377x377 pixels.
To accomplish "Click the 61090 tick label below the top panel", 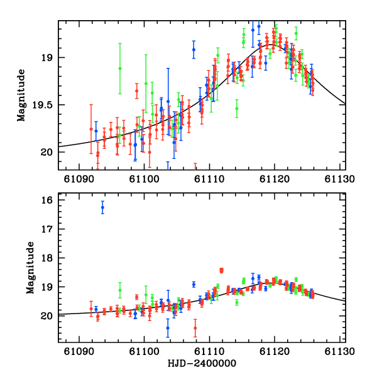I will [79, 178].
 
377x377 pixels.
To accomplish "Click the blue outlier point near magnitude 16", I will [103, 208].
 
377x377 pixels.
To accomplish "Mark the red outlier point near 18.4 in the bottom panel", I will [222, 270].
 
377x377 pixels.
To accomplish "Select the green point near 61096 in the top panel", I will [120, 68].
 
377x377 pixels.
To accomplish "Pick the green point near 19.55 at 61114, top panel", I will [237, 108].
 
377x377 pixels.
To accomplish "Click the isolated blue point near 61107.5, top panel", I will [194, 49].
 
